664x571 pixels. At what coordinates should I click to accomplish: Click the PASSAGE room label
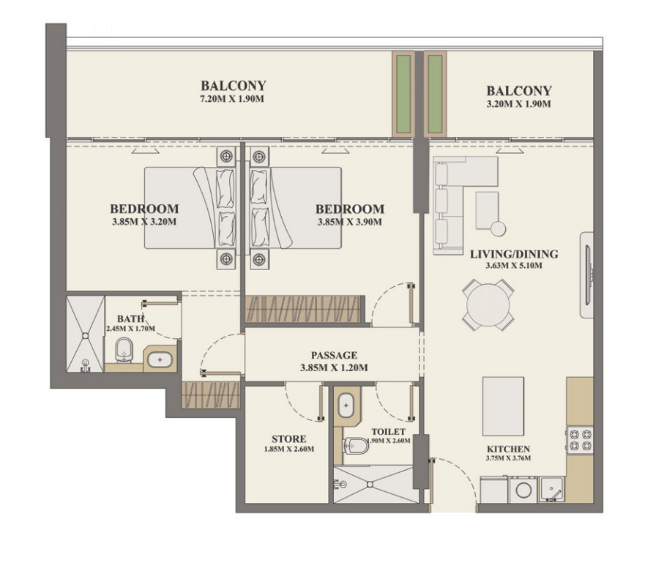(334, 355)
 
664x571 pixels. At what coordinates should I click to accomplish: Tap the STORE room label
(288, 438)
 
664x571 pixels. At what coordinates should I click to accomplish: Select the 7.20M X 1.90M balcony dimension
(233, 99)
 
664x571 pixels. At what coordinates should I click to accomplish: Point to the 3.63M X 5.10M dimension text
(514, 266)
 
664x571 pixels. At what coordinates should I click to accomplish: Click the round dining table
(488, 305)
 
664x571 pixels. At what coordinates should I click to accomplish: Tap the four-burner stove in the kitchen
(580, 440)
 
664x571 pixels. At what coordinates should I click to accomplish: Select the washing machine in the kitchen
(523, 490)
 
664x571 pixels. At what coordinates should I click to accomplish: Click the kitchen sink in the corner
(551, 490)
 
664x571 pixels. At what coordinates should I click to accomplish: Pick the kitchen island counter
(503, 406)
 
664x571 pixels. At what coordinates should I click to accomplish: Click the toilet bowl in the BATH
(124, 350)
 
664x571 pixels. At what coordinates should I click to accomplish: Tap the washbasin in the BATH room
(160, 360)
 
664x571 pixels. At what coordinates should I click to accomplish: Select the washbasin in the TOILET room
(346, 406)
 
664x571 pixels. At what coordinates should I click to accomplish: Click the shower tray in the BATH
(85, 335)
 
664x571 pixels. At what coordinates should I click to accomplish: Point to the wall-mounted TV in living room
(588, 275)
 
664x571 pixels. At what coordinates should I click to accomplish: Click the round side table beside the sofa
(498, 228)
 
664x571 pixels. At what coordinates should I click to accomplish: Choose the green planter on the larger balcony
(403, 94)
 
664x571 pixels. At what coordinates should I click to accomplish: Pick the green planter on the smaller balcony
(435, 94)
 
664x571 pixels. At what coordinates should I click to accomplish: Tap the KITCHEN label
(508, 449)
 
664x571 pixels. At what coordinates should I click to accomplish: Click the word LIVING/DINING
(514, 254)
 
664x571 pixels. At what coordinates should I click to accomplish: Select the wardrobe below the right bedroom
(303, 309)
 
